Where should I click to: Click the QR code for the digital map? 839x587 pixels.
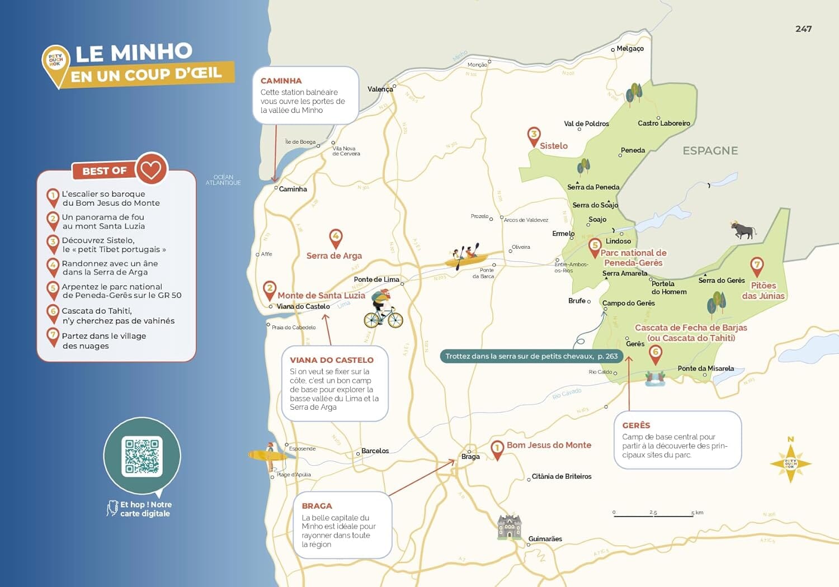pos(142,456)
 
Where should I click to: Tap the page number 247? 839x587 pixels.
pos(803,29)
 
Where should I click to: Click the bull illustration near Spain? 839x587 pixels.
pos(743,230)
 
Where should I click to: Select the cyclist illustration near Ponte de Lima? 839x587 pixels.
pos(383,309)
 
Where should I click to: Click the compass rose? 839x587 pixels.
pos(790,463)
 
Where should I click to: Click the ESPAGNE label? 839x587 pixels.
pos(710,151)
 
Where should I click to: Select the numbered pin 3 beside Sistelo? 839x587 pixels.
pos(534,136)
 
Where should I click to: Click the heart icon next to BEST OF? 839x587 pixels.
pos(151,168)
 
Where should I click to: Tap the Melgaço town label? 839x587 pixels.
pos(630,49)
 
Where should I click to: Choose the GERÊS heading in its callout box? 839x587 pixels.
pos(636,425)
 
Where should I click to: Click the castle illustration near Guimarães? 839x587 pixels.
pos(510,527)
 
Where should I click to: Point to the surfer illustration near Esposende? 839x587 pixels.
pos(268,456)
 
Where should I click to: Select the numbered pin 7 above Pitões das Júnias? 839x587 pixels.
pos(756,266)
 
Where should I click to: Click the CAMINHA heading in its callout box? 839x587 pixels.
pos(281,81)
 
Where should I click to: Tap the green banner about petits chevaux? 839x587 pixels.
pos(531,356)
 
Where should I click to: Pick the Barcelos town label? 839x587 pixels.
pos(375,451)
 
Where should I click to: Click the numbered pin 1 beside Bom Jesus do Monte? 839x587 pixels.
pos(497,449)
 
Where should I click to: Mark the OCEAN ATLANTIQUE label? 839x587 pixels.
pos(223,180)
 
